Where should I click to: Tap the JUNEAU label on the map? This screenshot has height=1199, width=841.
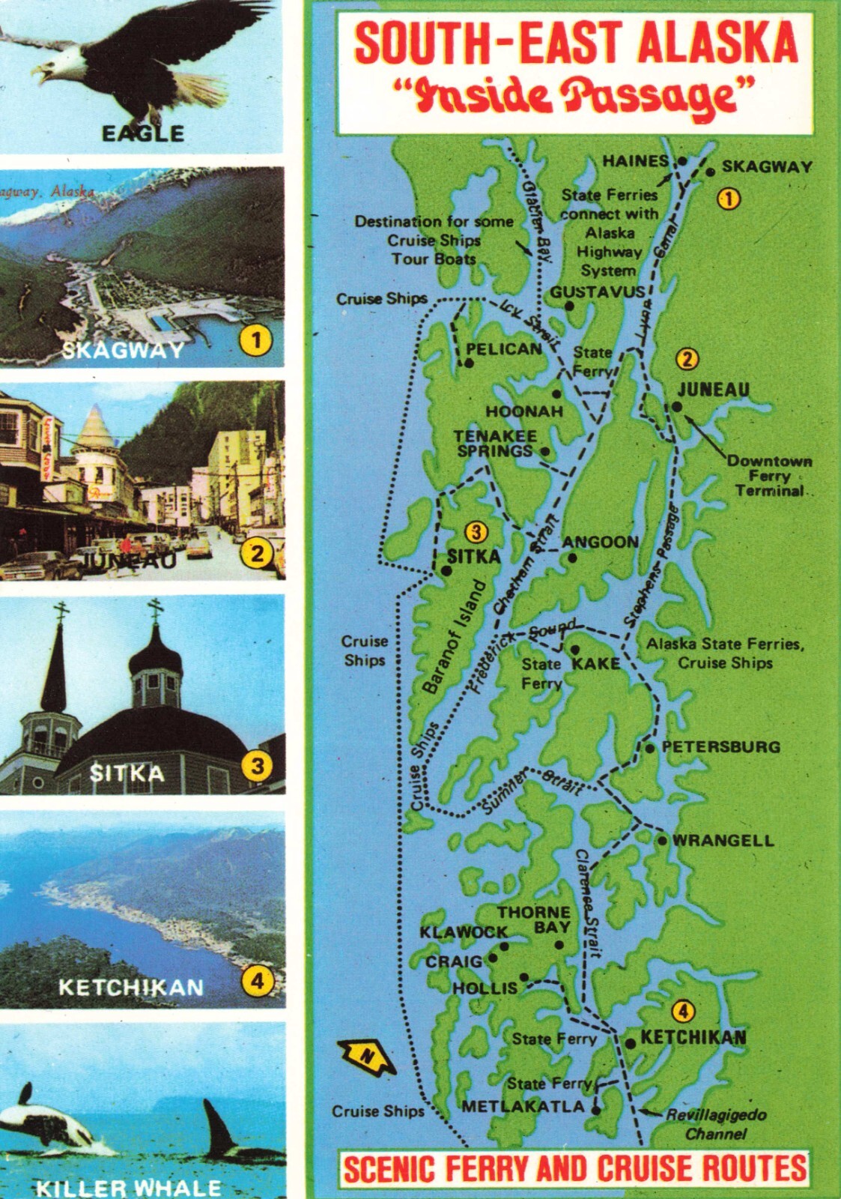coord(713,390)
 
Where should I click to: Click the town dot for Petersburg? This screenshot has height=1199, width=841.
coord(650,748)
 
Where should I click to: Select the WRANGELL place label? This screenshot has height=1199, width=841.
coord(723,840)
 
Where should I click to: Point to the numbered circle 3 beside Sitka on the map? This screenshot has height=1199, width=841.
coord(476,532)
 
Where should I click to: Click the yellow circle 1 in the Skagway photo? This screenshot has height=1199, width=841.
coord(255,341)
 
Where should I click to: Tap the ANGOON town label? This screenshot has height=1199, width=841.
coord(601,542)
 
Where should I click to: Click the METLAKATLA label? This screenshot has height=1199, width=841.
coord(523,1107)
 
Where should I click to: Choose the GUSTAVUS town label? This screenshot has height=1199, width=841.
coord(598,292)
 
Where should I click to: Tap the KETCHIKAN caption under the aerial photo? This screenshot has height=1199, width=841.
coord(131,987)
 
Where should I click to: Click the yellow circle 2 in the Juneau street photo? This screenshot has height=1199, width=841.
coord(257,554)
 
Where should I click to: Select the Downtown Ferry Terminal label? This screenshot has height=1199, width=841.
coord(769,476)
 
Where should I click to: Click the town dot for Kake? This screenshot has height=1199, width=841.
coord(575,650)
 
